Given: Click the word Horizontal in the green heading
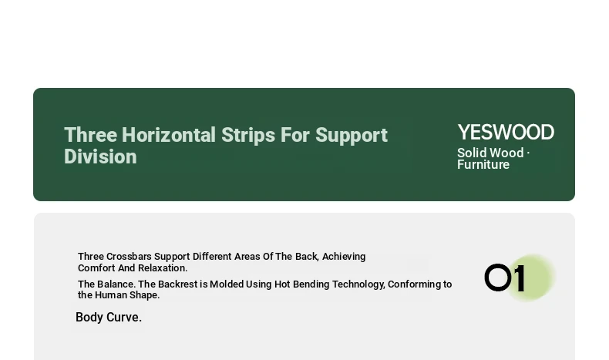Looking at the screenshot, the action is [169, 135].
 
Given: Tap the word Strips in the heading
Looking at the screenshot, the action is [248, 136].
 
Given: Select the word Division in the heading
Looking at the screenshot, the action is [100, 156].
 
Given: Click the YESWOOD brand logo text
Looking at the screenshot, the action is [506, 133].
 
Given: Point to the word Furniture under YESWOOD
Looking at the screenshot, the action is [483, 165].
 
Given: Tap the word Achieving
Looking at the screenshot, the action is [344, 257].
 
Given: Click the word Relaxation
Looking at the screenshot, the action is [163, 268].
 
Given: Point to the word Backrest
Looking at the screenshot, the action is [178, 284].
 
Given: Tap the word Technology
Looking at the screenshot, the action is [358, 284].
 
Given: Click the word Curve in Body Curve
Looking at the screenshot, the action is [124, 318].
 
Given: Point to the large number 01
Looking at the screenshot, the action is [505, 278].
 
